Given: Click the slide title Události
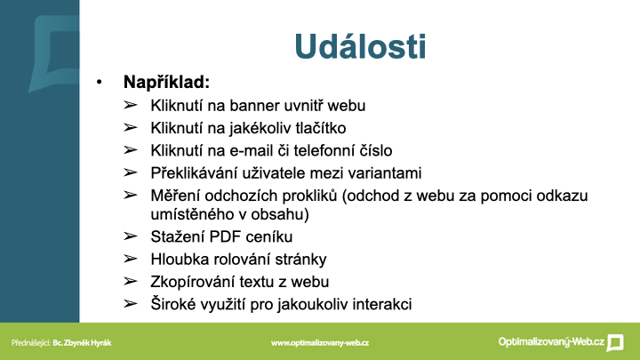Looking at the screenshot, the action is point(360,46).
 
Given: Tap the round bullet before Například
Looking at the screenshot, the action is point(100,82).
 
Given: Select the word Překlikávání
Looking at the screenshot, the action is point(194,173).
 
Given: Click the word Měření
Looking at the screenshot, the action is point(175,196).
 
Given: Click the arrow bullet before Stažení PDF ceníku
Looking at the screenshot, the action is point(130,236).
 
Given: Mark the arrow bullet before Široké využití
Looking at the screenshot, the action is point(130,303).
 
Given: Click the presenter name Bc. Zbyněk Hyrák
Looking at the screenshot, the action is point(82,343).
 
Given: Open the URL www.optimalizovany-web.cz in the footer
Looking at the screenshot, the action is point(320,343).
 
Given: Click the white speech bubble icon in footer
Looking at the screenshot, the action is point(615,342).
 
